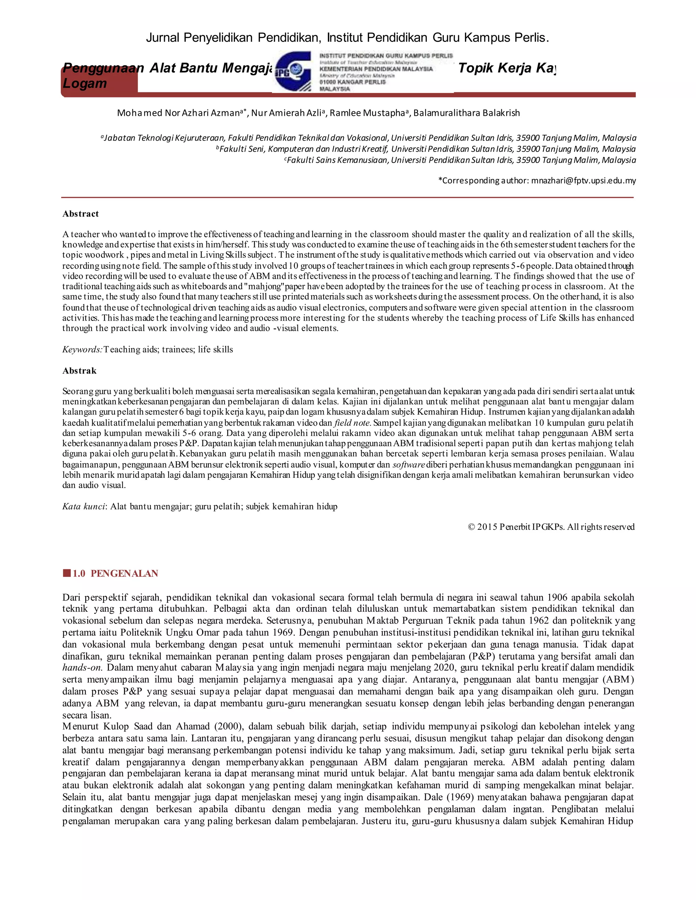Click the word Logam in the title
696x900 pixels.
click(x=85, y=83)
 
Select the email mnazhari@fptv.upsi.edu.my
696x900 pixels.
click(x=584, y=180)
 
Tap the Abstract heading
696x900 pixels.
click(x=81, y=214)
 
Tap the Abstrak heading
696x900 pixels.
click(x=79, y=371)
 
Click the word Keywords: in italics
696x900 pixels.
click(x=82, y=349)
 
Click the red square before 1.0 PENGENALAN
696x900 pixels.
click(x=66, y=573)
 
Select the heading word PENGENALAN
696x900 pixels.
click(x=124, y=574)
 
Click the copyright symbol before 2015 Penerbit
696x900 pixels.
click(x=472, y=527)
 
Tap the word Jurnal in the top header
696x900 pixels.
click(x=163, y=38)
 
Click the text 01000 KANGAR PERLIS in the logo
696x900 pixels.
click(x=352, y=82)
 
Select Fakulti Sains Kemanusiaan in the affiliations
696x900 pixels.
click(x=337, y=160)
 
